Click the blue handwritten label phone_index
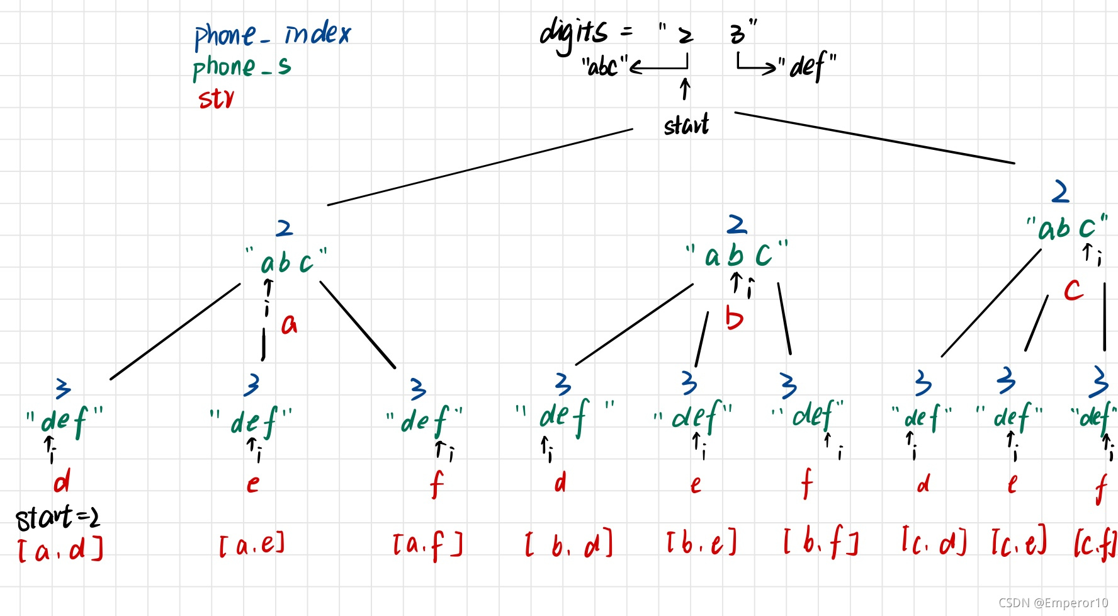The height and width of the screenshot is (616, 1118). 272,35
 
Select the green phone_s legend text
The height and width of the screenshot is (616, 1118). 242,67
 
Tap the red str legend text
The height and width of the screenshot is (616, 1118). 216,99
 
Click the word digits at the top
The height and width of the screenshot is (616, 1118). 573,34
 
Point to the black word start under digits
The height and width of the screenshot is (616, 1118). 686,125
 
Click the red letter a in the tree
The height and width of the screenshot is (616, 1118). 289,324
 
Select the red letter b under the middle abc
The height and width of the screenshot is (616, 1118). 734,318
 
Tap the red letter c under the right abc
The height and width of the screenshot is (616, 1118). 1073,290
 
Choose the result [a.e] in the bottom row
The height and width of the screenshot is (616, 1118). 252,544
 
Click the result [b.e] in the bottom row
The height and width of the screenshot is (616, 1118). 701,543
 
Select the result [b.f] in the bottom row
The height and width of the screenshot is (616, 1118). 821,542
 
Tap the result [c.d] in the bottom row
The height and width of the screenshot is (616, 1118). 934,542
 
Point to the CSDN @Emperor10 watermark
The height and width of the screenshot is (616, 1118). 1053,603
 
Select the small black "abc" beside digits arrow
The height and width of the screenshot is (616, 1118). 604,66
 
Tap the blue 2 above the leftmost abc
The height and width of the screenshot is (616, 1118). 285,228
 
